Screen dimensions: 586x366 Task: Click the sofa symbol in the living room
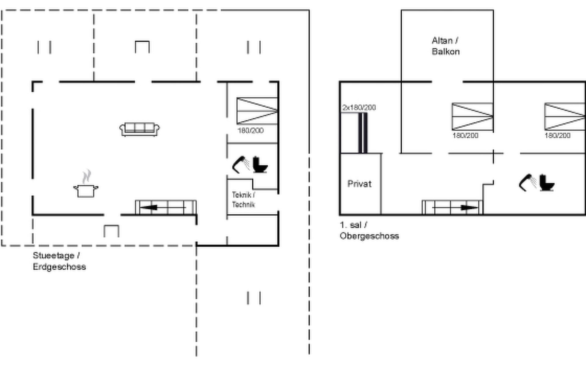[x=139, y=129]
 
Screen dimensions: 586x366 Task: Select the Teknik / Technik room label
[x=243, y=199]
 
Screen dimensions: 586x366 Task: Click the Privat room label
[x=360, y=184]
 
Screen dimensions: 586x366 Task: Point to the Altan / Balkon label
[x=446, y=46]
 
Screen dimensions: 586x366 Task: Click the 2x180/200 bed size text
[x=359, y=107]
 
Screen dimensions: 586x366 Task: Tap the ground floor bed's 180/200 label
[x=251, y=131]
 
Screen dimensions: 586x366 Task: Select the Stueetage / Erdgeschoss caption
[x=59, y=261]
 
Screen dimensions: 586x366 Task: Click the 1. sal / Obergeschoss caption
[x=369, y=230]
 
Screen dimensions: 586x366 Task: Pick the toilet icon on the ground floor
[x=260, y=165]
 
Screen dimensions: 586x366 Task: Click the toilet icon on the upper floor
[x=547, y=183]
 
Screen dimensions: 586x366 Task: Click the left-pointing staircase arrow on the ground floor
[x=163, y=208]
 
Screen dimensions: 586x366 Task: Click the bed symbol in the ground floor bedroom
[x=257, y=111]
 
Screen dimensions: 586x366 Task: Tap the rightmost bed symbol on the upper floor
[x=565, y=117]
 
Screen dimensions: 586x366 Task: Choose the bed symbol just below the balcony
[x=472, y=117]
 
